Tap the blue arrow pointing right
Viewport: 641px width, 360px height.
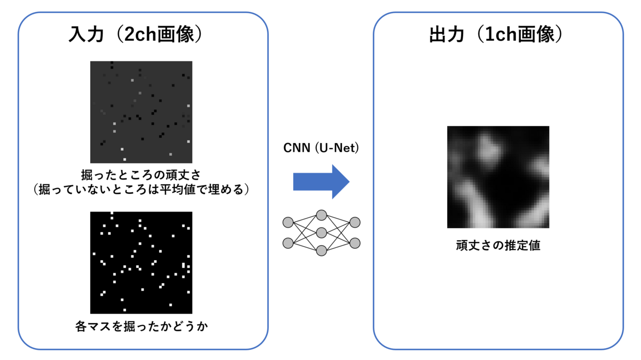pyautogui.click(x=321, y=182)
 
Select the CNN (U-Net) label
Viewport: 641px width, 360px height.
pyautogui.click(x=320, y=148)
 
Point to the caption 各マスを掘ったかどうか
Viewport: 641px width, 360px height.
pyautogui.click(x=141, y=326)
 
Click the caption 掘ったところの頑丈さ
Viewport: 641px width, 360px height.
pyautogui.click(x=141, y=175)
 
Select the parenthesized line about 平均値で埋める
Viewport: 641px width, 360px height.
pyautogui.click(x=141, y=190)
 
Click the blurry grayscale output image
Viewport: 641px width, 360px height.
pyautogui.click(x=498, y=177)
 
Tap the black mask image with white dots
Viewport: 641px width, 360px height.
pyautogui.click(x=141, y=262)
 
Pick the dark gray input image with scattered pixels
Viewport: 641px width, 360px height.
pyautogui.click(x=141, y=112)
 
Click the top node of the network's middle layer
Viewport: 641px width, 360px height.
pyautogui.click(x=321, y=215)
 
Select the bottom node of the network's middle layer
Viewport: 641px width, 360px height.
pyautogui.click(x=321, y=250)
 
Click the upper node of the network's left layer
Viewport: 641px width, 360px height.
pyautogui.click(x=288, y=222)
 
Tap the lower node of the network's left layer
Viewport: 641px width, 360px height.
pyautogui.click(x=288, y=243)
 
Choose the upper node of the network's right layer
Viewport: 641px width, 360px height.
pyautogui.click(x=355, y=222)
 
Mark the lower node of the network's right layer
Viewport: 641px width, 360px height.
pyautogui.click(x=355, y=243)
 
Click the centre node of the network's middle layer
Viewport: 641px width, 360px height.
pyautogui.click(x=321, y=232)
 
